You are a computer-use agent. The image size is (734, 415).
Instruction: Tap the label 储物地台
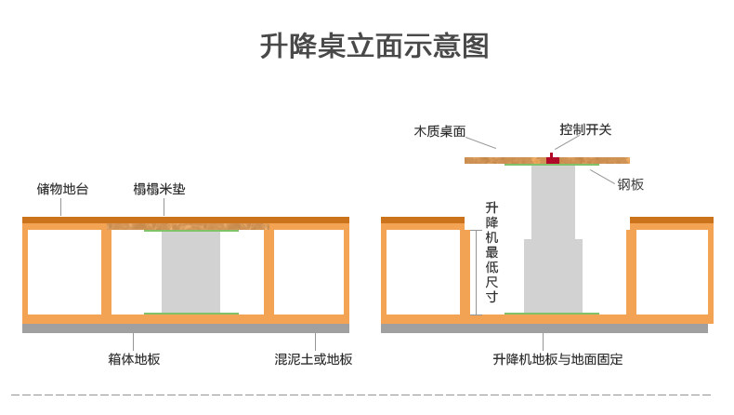(63, 190)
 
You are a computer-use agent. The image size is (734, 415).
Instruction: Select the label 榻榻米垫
(159, 190)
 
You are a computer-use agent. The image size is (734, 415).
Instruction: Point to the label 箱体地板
(134, 358)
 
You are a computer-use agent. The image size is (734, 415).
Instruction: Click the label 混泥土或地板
(313, 358)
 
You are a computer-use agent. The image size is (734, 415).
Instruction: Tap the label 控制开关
(585, 130)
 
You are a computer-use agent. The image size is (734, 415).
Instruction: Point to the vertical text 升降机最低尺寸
(492, 251)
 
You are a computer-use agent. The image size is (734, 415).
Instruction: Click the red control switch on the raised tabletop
(553, 159)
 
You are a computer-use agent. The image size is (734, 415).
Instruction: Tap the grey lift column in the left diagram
(190, 272)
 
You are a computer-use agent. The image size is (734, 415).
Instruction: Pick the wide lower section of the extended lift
(553, 275)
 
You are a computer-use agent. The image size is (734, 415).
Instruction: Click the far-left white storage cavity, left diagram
(64, 272)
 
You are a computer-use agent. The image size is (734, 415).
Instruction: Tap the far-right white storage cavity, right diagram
(671, 272)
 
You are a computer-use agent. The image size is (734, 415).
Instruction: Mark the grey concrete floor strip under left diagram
(186, 328)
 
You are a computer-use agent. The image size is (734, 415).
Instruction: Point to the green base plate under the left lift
(190, 314)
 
